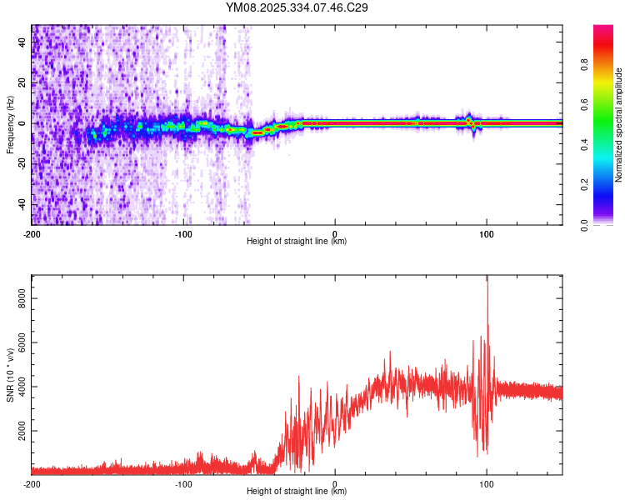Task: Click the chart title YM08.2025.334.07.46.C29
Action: click(297, 7)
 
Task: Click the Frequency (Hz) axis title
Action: click(10, 124)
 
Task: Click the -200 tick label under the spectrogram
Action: click(32, 233)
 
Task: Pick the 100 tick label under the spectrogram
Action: click(486, 233)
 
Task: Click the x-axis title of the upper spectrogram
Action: click(297, 242)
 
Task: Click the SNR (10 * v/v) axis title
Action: click(10, 374)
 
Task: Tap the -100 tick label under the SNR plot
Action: click(183, 483)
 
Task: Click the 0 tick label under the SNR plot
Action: click(335, 483)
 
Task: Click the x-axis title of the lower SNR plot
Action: click(297, 492)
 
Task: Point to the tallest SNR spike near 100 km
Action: click(487, 279)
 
